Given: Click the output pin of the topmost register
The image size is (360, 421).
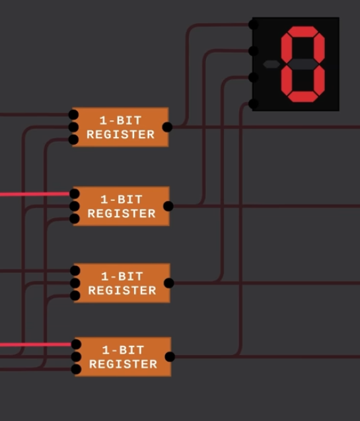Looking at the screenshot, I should (x=167, y=127).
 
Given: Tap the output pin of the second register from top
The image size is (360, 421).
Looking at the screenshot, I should (x=168, y=206).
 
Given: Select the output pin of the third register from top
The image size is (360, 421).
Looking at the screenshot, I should (x=169, y=283).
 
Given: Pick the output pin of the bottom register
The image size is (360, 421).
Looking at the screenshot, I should (x=170, y=357).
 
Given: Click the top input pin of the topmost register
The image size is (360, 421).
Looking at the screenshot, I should (x=73, y=115).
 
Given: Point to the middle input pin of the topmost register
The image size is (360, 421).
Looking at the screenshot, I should (x=73, y=127).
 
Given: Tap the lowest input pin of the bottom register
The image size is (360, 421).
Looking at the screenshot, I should (x=76, y=369).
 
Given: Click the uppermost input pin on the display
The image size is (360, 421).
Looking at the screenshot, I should (x=254, y=24).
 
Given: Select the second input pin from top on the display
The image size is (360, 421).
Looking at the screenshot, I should (x=254, y=51).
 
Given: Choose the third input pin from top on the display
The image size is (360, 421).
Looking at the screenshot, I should (x=254, y=77).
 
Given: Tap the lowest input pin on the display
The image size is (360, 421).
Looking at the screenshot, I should (x=254, y=104).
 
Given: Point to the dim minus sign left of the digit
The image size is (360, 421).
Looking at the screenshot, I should (x=271, y=64).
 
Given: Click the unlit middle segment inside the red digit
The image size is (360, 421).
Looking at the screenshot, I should (x=303, y=64).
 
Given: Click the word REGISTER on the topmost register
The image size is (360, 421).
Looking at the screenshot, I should (x=120, y=134).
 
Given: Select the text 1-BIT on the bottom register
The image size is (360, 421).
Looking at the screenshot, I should (x=123, y=350).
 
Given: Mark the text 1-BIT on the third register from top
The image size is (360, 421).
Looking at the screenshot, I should (x=122, y=276).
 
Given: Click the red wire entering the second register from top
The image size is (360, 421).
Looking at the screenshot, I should (x=33, y=194).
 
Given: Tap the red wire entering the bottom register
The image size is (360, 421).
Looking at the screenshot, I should (x=33, y=344).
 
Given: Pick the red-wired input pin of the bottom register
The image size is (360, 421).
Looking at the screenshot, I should (x=76, y=344).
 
